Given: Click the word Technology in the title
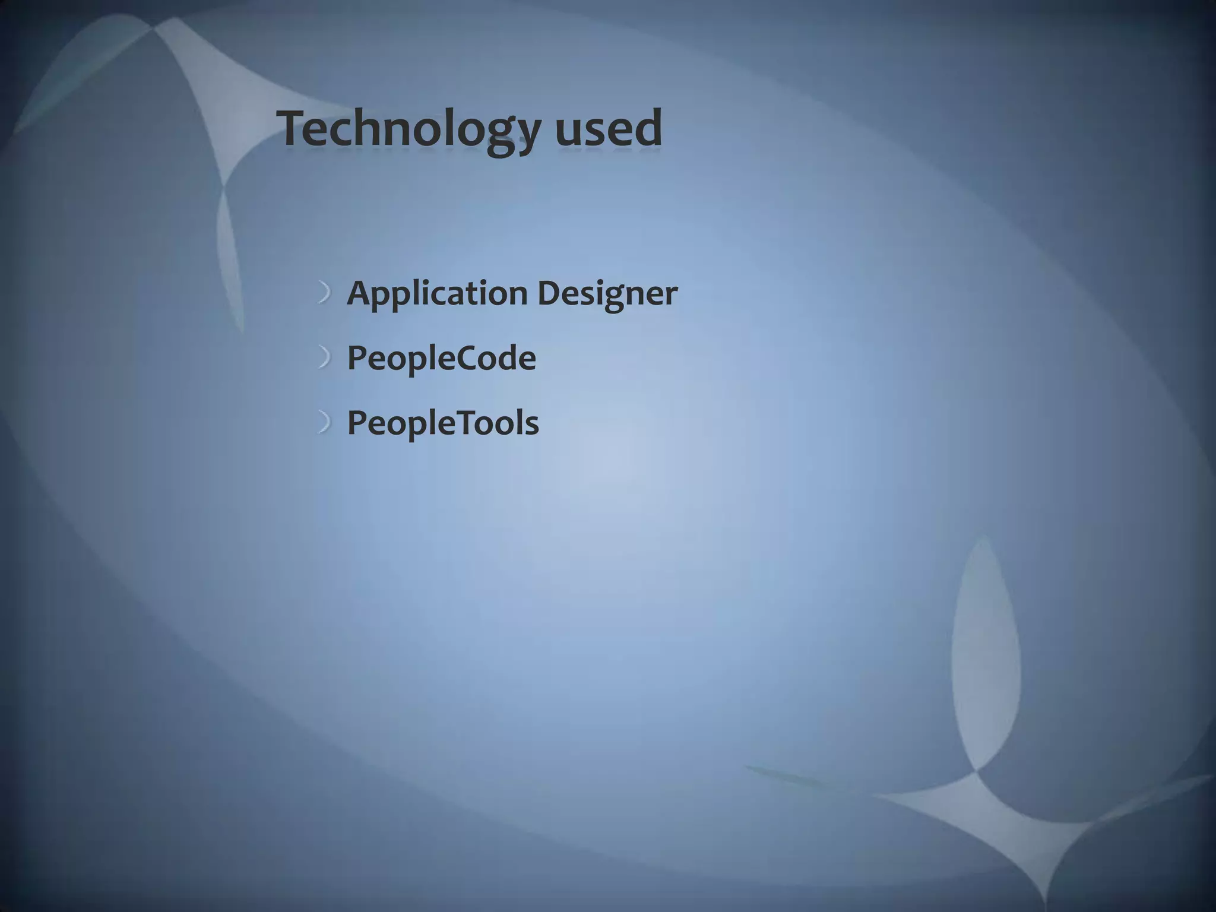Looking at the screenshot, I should pos(410,129).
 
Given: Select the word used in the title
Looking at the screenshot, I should pos(609,129).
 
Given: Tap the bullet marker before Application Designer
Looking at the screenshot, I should pos(324,293).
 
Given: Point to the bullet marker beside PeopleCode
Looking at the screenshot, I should pos(324,358).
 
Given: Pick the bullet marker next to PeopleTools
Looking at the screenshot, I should pos(324,423).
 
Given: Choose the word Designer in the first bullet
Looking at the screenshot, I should pos(607,293).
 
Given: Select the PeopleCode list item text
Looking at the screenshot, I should pos(441,358).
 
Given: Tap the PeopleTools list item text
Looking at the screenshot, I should pos(443,423).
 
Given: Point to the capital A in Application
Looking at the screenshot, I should pos(360,293).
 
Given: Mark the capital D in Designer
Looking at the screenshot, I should pos(550,293).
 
